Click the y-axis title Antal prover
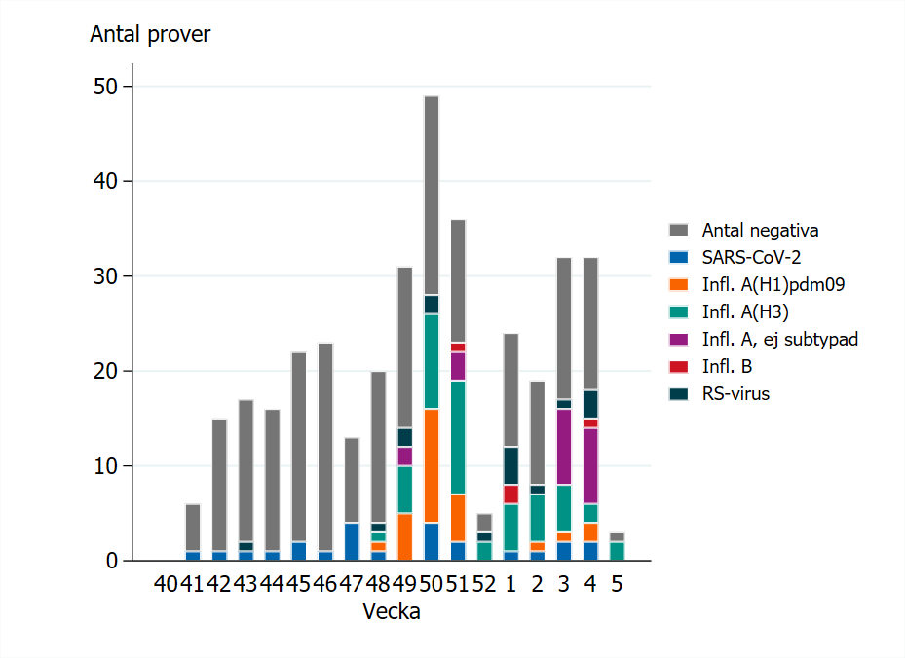click(150, 35)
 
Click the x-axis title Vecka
click(391, 612)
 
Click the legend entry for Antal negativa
click(759, 231)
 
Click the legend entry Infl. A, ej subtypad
click(779, 340)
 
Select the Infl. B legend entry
click(726, 367)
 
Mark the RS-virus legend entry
click(735, 394)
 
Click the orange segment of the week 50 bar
click(432, 466)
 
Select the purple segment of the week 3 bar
click(564, 447)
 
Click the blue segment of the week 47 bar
click(352, 542)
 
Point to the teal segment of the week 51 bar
click(458, 438)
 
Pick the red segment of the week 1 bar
click(510, 493)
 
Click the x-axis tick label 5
click(617, 585)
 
